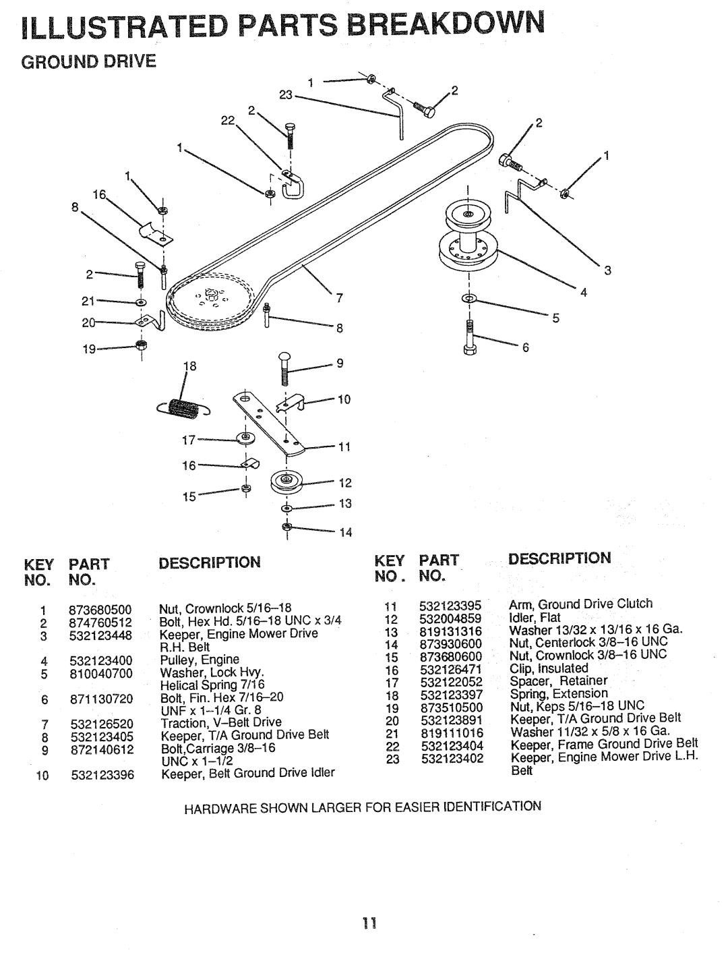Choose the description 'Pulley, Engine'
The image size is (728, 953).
tap(199, 659)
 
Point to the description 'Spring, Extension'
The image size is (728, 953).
tap(559, 693)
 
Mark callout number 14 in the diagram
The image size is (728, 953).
tap(346, 533)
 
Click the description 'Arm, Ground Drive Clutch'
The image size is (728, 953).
tap(581, 604)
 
